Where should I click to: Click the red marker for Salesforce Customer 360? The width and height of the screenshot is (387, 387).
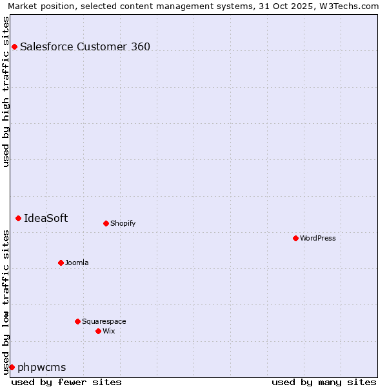tap(14, 46)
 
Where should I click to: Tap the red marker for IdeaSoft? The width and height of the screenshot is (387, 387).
tap(18, 218)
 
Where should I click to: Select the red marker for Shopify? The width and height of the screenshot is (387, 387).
tap(106, 223)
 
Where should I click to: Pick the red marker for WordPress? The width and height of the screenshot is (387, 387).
tap(295, 238)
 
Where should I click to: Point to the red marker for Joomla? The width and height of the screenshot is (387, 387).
tap(61, 263)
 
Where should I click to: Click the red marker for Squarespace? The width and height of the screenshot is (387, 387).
tap(77, 321)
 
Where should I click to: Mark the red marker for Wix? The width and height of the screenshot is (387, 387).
tap(98, 331)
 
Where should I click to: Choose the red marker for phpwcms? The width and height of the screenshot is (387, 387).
tap(12, 367)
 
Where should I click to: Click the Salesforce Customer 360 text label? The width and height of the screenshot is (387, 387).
tap(85, 46)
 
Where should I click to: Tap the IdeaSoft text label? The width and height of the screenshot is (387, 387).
tap(46, 218)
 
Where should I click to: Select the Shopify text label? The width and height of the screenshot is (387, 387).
tap(123, 223)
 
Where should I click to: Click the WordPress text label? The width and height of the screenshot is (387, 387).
tap(317, 238)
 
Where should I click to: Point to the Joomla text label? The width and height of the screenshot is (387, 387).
tap(77, 263)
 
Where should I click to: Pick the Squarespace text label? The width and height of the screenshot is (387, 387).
tap(104, 321)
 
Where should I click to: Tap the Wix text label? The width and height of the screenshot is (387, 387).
tap(108, 331)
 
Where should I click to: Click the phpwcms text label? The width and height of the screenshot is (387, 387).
tap(42, 367)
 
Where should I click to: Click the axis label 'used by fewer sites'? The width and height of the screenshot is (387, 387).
tap(66, 382)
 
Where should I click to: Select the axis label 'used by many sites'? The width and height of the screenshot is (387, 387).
tap(324, 382)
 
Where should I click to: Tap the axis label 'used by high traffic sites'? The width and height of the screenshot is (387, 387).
tap(6, 92)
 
